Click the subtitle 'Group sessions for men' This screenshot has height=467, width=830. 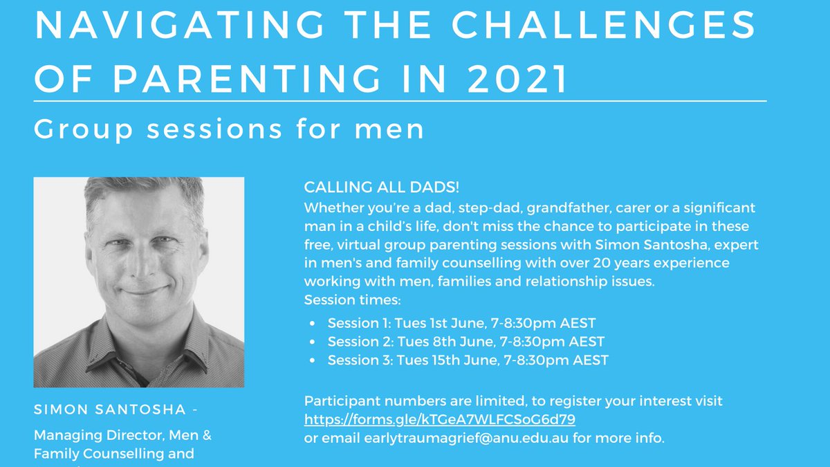click(x=229, y=129)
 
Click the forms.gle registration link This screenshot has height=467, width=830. click(x=440, y=419)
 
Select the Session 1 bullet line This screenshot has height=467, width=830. click(x=461, y=323)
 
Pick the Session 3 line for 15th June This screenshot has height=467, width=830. click(x=468, y=360)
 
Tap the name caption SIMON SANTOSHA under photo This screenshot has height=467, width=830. click(x=110, y=410)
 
